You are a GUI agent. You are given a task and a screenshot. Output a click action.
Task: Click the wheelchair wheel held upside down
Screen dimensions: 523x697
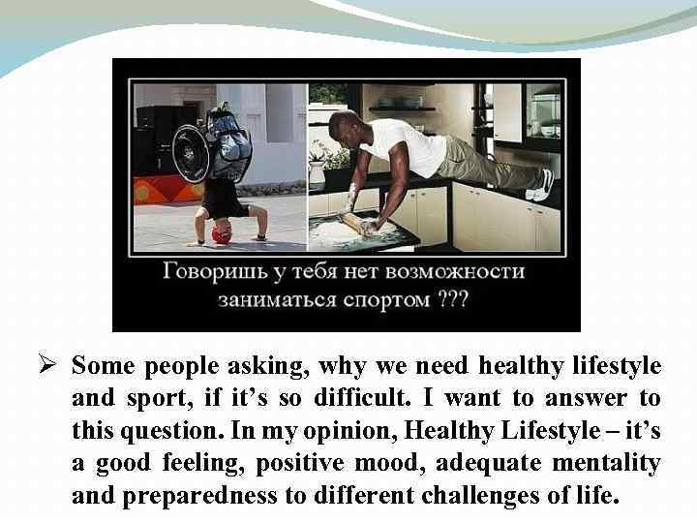(191, 152)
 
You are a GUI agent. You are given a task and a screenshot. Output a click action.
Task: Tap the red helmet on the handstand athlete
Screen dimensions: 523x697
(223, 235)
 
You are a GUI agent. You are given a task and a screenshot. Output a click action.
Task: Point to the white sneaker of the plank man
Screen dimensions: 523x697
(545, 183)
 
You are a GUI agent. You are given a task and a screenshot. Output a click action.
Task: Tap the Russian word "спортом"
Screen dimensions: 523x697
(385, 299)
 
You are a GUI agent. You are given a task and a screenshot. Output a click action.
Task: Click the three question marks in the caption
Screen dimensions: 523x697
(452, 299)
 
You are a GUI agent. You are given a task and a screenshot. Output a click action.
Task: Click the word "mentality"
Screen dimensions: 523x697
(607, 463)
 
